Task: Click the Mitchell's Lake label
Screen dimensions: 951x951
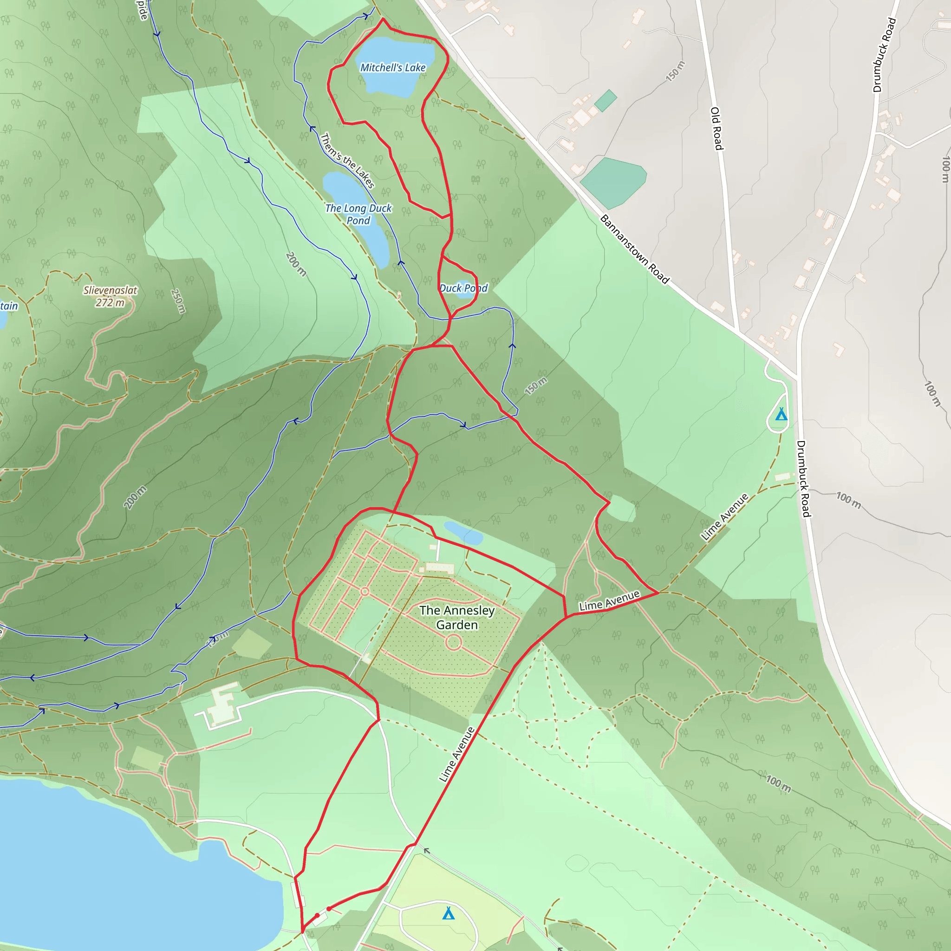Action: tap(393, 67)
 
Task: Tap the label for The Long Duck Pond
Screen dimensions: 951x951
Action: tap(358, 214)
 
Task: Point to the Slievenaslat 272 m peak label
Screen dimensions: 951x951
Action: tap(110, 296)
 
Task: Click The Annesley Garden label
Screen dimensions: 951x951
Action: tap(457, 617)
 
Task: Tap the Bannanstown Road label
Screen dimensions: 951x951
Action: tap(634, 249)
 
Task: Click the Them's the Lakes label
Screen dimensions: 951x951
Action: tap(347, 161)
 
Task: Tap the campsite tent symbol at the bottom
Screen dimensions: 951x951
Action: tap(448, 913)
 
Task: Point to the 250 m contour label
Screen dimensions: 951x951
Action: tap(178, 301)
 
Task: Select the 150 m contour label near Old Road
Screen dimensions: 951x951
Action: tap(675, 72)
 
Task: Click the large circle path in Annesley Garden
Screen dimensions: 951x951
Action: tap(453, 642)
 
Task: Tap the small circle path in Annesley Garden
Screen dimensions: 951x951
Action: tap(365, 591)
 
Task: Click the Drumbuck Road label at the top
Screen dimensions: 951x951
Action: tap(884, 55)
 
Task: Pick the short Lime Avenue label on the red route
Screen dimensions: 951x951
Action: tap(609, 601)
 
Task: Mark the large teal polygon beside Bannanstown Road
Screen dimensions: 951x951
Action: tap(613, 182)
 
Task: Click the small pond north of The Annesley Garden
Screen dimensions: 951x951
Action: tap(463, 533)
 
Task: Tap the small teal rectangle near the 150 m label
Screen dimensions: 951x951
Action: tap(606, 100)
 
